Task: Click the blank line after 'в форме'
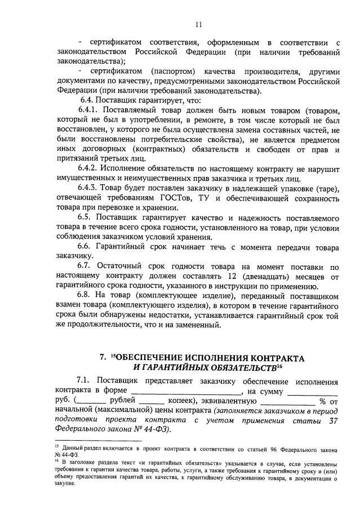[186, 391]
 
